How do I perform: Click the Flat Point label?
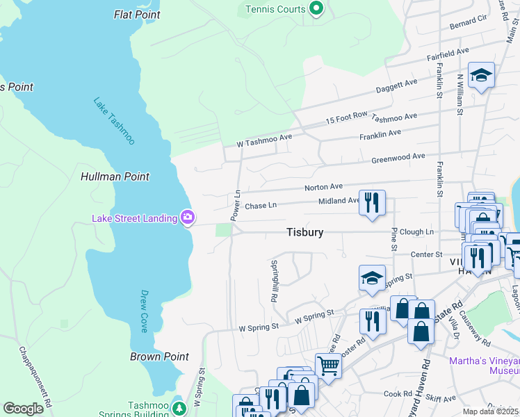pos(136,14)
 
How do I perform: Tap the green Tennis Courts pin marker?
pos(316,9)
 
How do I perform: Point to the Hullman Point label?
pos(115,177)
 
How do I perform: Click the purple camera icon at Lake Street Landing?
pos(187,218)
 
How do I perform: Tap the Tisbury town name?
pos(304,232)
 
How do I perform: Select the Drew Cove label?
pos(145,311)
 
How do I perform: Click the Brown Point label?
pos(159,357)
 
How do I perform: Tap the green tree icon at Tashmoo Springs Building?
pos(179,407)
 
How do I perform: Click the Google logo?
pos(23,409)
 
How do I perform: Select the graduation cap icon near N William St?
pos(481,74)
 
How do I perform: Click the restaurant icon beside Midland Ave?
pos(371,203)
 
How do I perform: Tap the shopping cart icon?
pos(327,364)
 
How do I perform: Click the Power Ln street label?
pos(236,202)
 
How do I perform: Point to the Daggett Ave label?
pos(396,85)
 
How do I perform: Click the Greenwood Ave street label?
pos(398,157)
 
